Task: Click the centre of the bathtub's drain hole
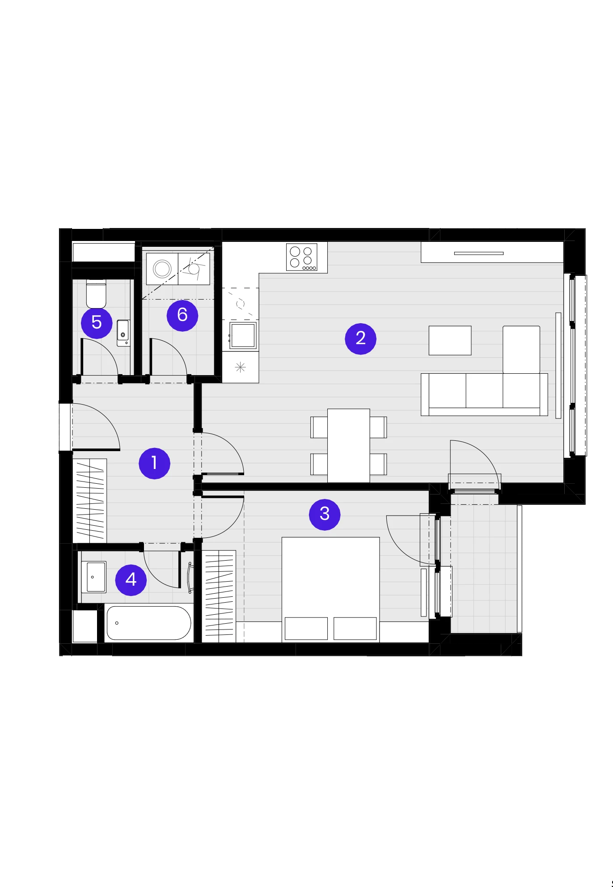[117, 623]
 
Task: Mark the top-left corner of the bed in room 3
[282, 537]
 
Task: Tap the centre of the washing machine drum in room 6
[162, 269]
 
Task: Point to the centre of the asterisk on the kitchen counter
[241, 367]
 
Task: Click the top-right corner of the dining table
[370, 409]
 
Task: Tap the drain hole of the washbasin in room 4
[93, 577]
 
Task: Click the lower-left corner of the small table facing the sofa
[429, 355]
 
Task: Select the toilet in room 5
[96, 294]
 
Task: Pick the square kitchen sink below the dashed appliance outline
[243, 335]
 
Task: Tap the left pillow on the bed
[306, 628]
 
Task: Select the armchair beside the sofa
[521, 350]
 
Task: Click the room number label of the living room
[361, 339]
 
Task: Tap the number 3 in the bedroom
[325, 515]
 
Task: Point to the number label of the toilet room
[97, 323]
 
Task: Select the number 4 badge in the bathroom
[131, 580]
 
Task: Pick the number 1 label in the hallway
[155, 463]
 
